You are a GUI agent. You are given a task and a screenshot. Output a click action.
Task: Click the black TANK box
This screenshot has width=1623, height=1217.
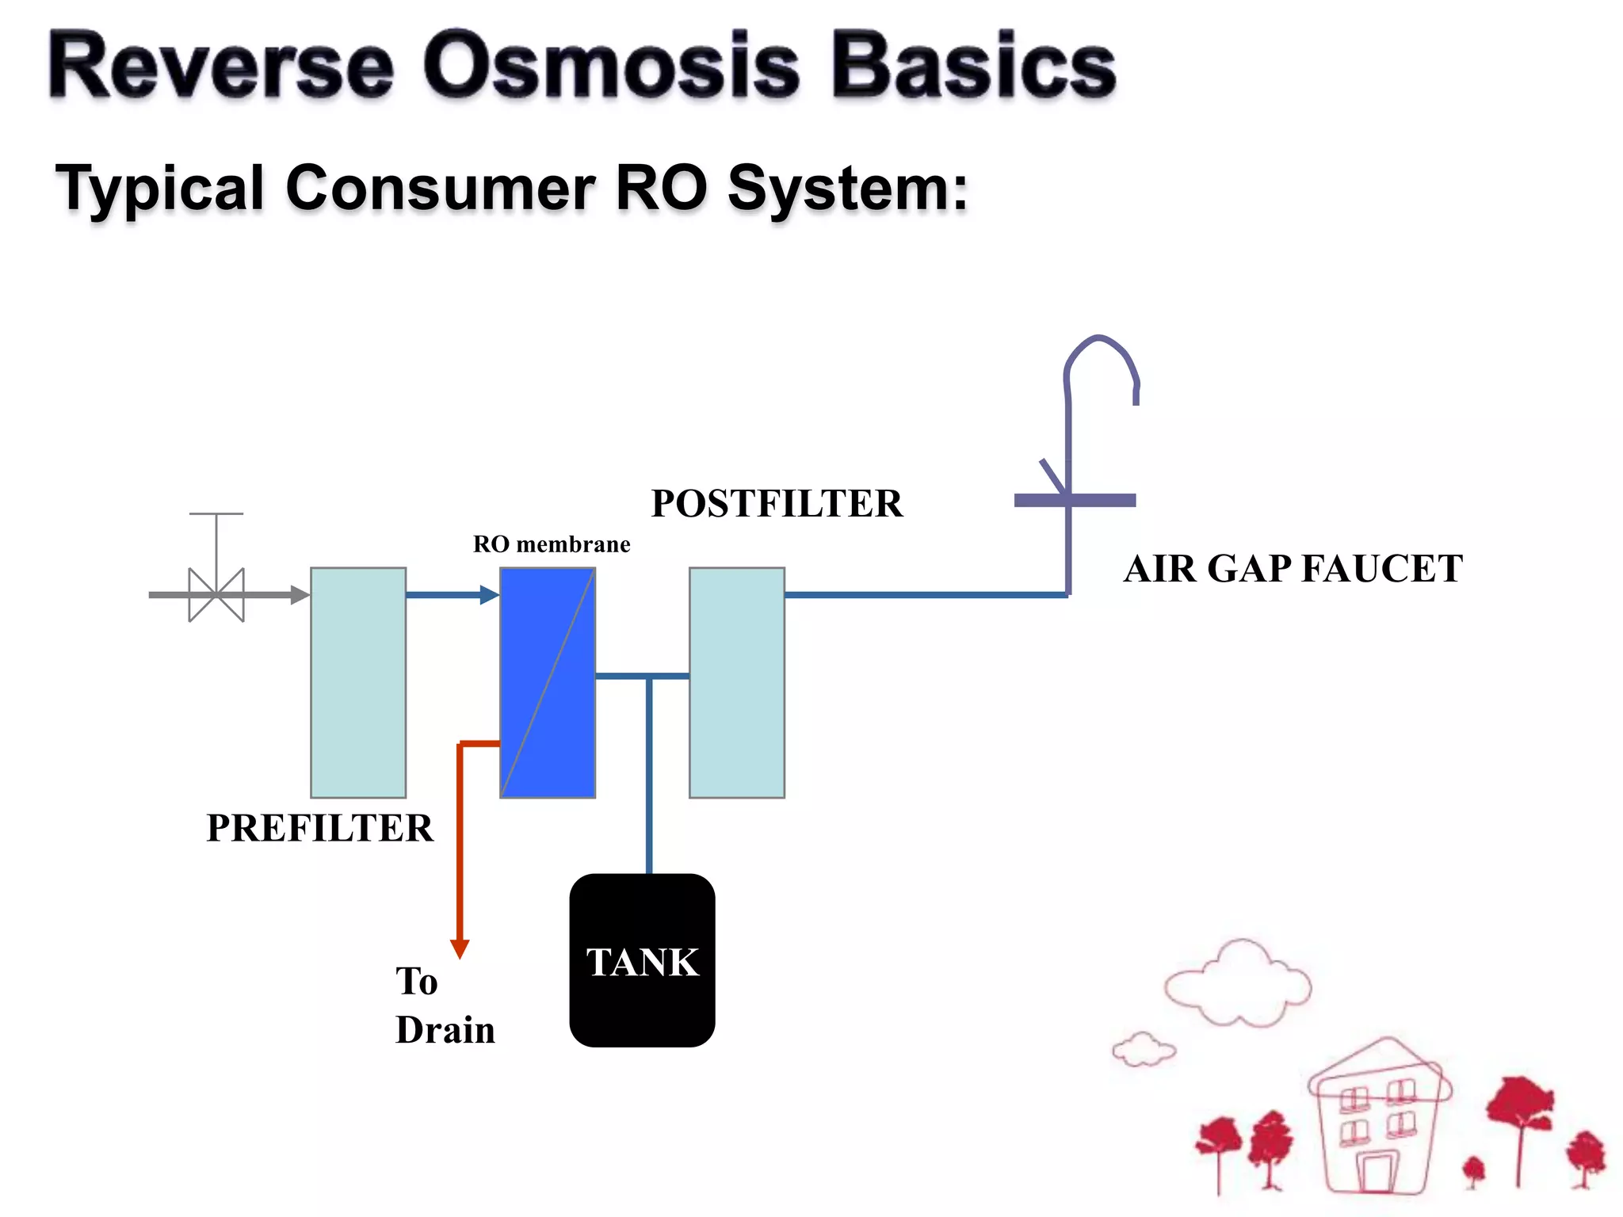pyautogui.click(x=642, y=960)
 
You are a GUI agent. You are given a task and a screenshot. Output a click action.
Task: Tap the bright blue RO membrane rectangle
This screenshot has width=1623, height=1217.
pyautogui.click(x=548, y=682)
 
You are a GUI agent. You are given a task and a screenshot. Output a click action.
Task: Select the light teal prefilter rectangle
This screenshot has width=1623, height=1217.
pyautogui.click(x=358, y=682)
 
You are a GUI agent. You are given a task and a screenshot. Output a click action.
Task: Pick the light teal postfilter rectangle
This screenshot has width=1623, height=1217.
pyautogui.click(x=737, y=682)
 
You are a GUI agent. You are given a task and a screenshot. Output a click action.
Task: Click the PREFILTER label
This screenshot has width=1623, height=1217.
pyautogui.click(x=320, y=828)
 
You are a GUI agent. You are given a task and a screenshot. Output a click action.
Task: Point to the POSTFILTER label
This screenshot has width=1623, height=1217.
pyautogui.click(x=777, y=504)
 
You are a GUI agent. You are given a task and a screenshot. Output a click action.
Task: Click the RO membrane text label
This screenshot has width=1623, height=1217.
pyautogui.click(x=552, y=544)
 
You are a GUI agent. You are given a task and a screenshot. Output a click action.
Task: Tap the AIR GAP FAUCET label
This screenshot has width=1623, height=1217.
pyautogui.click(x=1293, y=569)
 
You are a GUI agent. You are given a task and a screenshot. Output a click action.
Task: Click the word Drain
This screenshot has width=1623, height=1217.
pyautogui.click(x=445, y=1030)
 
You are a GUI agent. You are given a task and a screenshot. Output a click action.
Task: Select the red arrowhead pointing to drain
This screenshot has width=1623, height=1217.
pyautogui.click(x=460, y=948)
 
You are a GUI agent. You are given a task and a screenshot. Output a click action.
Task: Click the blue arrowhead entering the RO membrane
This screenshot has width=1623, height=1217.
pyautogui.click(x=489, y=594)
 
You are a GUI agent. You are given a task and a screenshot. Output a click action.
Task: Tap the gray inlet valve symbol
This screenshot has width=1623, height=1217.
pyautogui.click(x=216, y=594)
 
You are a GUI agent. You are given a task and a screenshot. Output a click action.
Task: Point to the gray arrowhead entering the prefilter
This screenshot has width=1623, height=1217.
pyautogui.click(x=300, y=594)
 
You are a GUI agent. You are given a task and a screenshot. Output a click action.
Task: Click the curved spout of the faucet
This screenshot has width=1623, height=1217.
pyautogui.click(x=1101, y=349)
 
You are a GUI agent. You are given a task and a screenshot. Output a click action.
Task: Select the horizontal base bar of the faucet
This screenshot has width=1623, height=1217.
pyautogui.click(x=1075, y=500)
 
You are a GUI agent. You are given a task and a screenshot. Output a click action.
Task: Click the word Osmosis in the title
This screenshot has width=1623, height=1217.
pyautogui.click(x=611, y=67)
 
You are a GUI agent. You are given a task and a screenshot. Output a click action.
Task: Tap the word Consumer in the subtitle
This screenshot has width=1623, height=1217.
pyautogui.click(x=441, y=189)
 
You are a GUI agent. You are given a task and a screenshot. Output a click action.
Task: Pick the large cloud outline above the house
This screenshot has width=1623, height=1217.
pyautogui.click(x=1238, y=985)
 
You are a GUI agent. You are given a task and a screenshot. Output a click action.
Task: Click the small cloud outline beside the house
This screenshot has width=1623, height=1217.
pyautogui.click(x=1144, y=1050)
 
